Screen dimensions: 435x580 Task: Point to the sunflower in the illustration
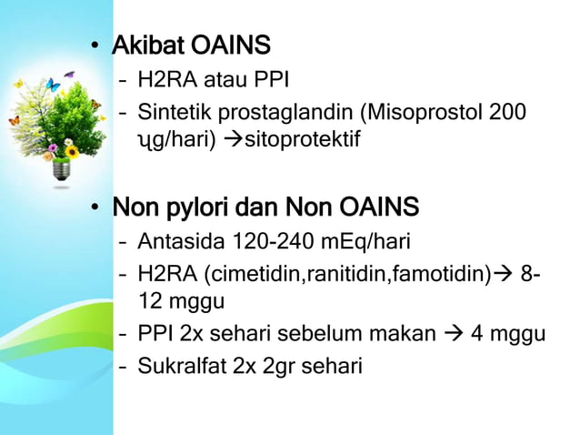(x=72, y=151)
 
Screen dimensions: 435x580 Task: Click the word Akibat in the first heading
(x=146, y=45)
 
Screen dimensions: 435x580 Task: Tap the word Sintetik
(x=173, y=114)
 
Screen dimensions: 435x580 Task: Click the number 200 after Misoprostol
(x=507, y=114)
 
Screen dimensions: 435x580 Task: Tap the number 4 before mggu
(x=476, y=334)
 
